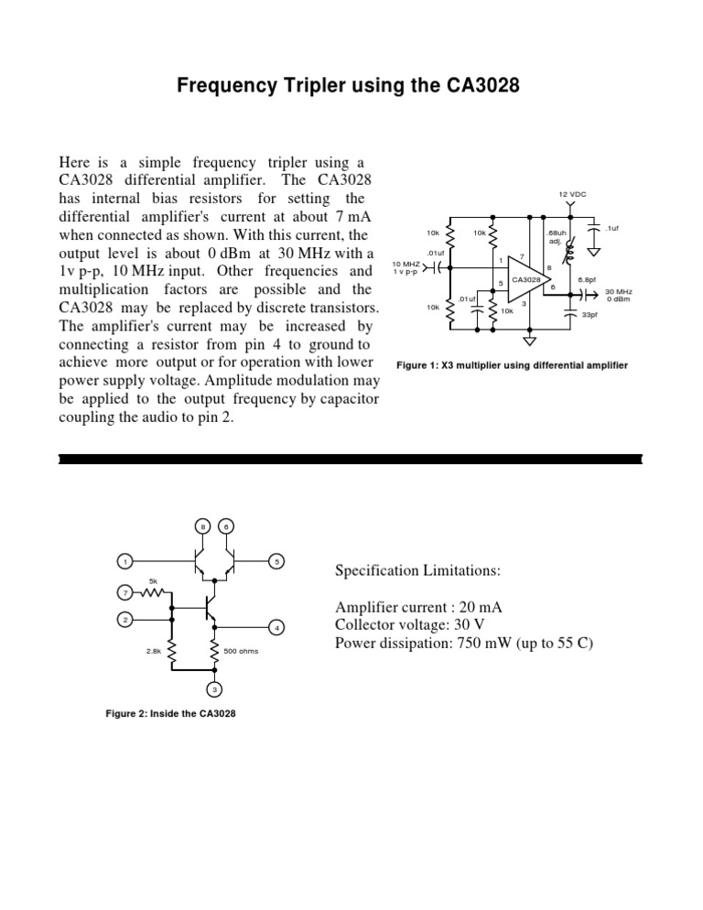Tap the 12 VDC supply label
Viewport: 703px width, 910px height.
(x=572, y=195)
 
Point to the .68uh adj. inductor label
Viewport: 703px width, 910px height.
(x=557, y=238)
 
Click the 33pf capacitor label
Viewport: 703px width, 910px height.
(x=590, y=314)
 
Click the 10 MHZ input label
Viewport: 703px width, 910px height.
(x=405, y=267)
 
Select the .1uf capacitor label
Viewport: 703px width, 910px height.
(x=612, y=228)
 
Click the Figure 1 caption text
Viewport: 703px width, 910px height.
(x=511, y=366)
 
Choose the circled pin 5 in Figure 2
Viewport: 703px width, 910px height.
(x=277, y=561)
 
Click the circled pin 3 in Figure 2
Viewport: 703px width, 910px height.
(x=212, y=689)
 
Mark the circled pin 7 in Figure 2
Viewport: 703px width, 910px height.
(x=125, y=593)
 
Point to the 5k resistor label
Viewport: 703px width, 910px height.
(x=153, y=580)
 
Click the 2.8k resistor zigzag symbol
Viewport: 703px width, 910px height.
(x=173, y=651)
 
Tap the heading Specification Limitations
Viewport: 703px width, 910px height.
(x=417, y=570)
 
